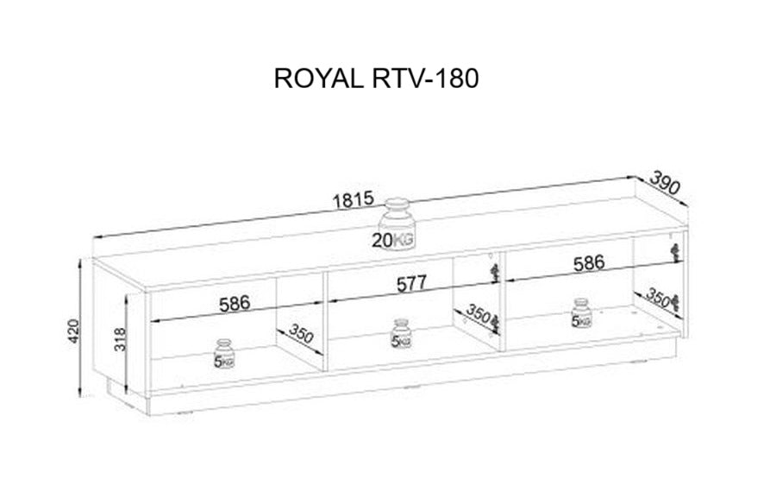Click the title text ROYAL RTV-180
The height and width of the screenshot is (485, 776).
tap(376, 79)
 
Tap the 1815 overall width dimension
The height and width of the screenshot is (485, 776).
tap(353, 199)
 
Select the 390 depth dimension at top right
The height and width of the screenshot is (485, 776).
tap(665, 182)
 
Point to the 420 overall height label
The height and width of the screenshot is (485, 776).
tap(73, 331)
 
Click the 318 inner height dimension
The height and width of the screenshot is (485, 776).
tap(120, 339)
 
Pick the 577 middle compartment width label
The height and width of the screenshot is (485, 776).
tap(411, 284)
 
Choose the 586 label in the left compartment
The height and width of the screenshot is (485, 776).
tap(235, 304)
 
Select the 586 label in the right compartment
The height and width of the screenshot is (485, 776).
tap(589, 263)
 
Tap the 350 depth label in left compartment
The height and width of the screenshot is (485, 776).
tap(300, 333)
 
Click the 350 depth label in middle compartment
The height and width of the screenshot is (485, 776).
tap(478, 313)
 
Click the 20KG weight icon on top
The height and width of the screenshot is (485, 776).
tap(394, 224)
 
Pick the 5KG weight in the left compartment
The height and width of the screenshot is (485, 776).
tap(224, 354)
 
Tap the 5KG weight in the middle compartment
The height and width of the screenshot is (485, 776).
tap(401, 333)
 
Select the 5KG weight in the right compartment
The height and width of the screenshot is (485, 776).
tap(581, 313)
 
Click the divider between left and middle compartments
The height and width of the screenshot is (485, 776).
tap(325, 322)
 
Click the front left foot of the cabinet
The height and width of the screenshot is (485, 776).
tap(148, 405)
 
